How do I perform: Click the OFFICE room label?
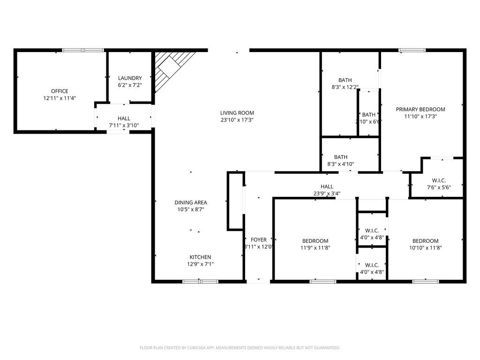tap(60, 91)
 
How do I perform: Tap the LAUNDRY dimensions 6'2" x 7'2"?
tap(130, 85)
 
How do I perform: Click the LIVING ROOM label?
tap(237, 112)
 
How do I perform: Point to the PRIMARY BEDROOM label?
tap(420, 109)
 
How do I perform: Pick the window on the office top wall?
tap(83, 50)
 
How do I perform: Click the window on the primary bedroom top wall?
tap(412, 50)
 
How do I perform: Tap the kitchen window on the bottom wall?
tap(200, 281)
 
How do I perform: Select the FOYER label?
tap(259, 240)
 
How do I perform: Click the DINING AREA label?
tap(191, 202)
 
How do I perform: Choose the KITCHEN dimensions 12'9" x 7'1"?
tap(200, 264)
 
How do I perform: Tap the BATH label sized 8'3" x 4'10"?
tap(341, 157)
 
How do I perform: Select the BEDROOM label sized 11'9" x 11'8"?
tap(315, 241)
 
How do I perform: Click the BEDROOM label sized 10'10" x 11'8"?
tap(426, 241)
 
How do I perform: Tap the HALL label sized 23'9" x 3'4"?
tap(327, 187)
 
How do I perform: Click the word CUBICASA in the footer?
tap(194, 348)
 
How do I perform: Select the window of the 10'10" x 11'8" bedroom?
tap(426, 281)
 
